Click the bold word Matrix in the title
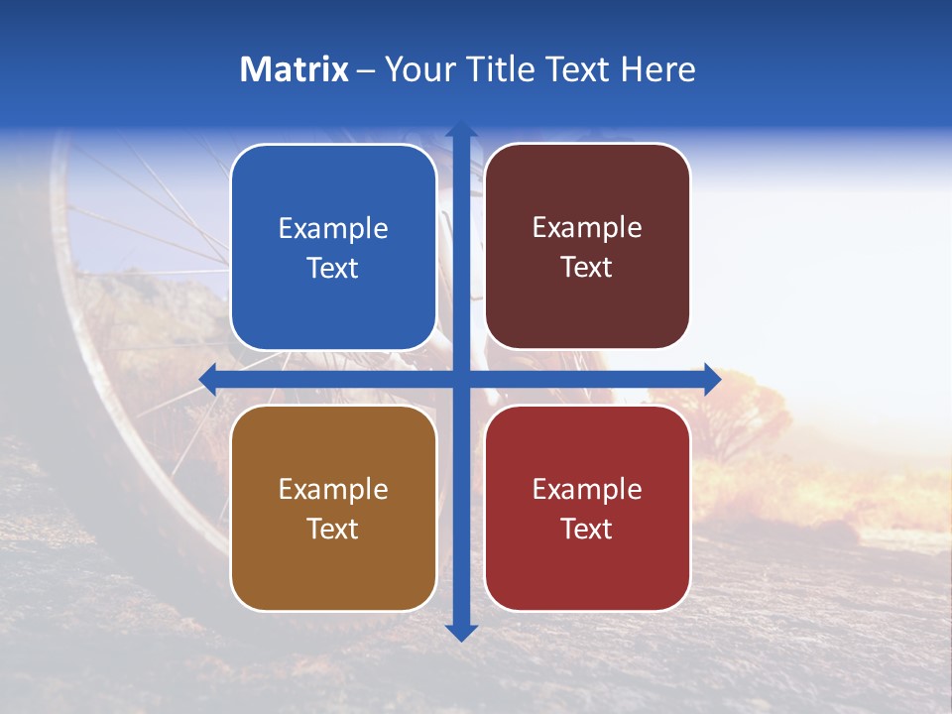[295, 69]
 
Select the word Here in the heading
[657, 69]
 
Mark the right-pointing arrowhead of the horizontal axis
[711, 379]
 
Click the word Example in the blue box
[333, 229]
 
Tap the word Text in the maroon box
[587, 268]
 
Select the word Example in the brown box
[333, 489]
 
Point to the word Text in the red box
[587, 529]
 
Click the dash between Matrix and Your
[365, 70]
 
